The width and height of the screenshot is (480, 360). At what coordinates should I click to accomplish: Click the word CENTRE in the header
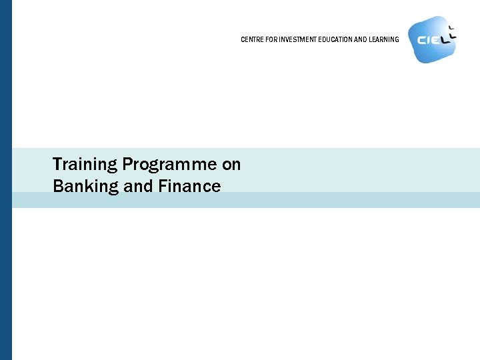point(250,39)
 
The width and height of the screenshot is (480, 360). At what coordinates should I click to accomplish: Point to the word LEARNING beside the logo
point(383,39)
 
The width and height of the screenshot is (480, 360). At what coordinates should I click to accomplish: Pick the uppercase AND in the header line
point(359,39)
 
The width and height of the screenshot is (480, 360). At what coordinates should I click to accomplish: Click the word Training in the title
point(85,164)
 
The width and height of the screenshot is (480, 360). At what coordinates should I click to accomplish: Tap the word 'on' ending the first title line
point(231,164)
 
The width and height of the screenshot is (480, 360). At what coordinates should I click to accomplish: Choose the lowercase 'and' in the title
point(139,186)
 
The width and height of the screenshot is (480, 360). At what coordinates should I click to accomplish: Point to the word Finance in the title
point(189,186)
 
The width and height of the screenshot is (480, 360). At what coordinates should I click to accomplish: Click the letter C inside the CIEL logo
point(422,40)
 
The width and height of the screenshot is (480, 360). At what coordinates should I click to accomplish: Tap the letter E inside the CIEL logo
point(435,40)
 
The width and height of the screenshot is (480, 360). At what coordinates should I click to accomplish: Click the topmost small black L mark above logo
point(451,27)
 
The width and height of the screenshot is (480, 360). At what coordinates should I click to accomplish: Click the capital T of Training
point(57,164)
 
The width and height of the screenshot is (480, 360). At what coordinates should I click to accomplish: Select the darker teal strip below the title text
point(267,200)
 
